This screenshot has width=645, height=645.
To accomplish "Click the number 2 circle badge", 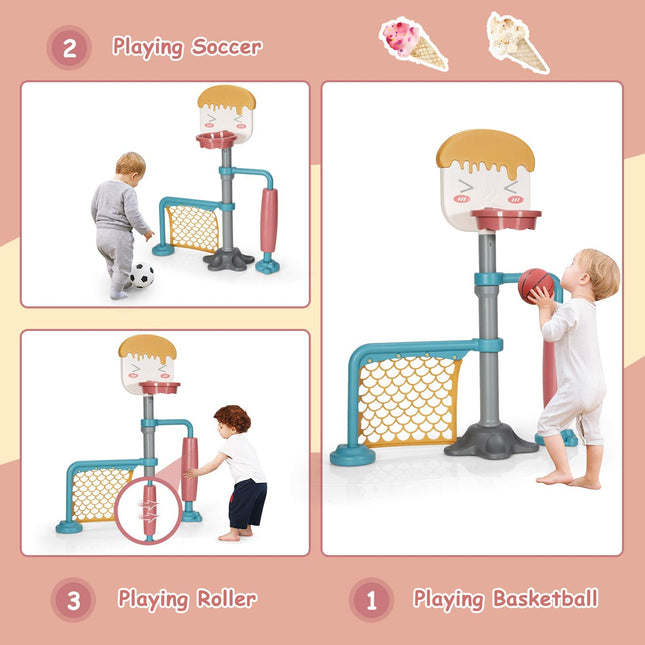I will (69, 47).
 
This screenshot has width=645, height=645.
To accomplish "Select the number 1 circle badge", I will (372, 600).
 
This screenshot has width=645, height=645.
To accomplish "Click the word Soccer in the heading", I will (227, 47).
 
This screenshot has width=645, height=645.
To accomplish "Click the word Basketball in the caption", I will (545, 600).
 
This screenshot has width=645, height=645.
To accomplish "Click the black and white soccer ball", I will (142, 275).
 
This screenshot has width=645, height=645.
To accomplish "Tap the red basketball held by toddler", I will (534, 285).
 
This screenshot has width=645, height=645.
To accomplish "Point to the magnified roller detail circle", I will (149, 510).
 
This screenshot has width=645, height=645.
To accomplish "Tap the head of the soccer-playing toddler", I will (130, 166).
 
